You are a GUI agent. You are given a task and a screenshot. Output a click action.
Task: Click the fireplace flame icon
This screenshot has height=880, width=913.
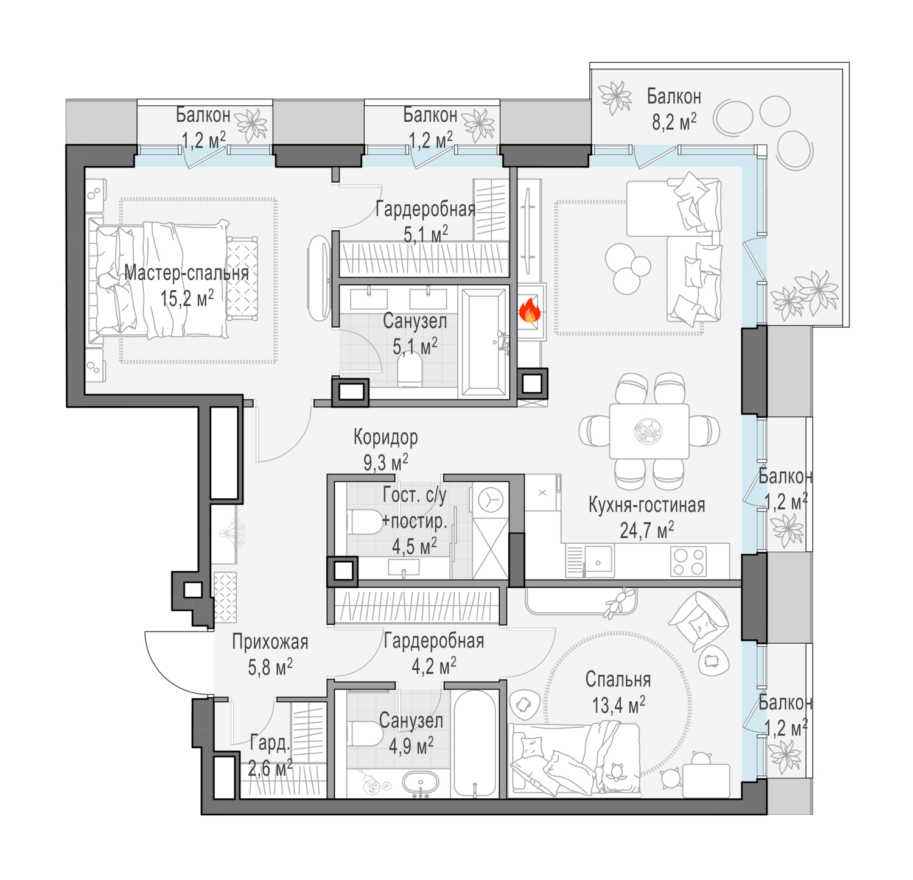[x=530, y=310]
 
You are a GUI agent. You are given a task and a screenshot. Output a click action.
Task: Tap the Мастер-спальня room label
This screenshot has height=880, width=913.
[x=187, y=273]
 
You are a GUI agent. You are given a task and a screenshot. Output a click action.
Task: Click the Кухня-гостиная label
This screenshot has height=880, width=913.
[x=647, y=505]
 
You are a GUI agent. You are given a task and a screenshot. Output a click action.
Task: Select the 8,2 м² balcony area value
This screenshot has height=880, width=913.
[x=674, y=122]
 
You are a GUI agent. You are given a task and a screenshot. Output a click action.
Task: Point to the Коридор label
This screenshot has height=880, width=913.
[x=386, y=437]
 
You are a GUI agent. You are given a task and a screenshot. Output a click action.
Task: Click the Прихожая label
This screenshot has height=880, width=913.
[x=270, y=642]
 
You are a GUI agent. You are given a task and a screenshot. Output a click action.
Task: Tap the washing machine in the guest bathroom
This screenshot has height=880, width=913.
[x=490, y=501]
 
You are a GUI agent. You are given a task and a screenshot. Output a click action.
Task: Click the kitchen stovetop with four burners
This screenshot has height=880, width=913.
[x=688, y=561]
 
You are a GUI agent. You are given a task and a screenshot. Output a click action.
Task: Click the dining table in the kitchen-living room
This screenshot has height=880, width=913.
[x=649, y=431]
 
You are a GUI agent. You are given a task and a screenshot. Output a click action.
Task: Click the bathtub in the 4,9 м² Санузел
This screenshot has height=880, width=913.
[x=475, y=744]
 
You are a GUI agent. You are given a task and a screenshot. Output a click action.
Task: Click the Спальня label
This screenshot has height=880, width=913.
[x=618, y=680]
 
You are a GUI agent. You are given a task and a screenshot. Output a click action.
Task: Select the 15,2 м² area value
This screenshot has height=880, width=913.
[x=187, y=298]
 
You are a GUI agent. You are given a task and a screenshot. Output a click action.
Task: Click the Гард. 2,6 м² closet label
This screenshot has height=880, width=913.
[x=270, y=756]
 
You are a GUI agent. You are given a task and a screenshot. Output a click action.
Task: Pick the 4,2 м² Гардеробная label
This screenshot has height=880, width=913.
[x=434, y=653]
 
